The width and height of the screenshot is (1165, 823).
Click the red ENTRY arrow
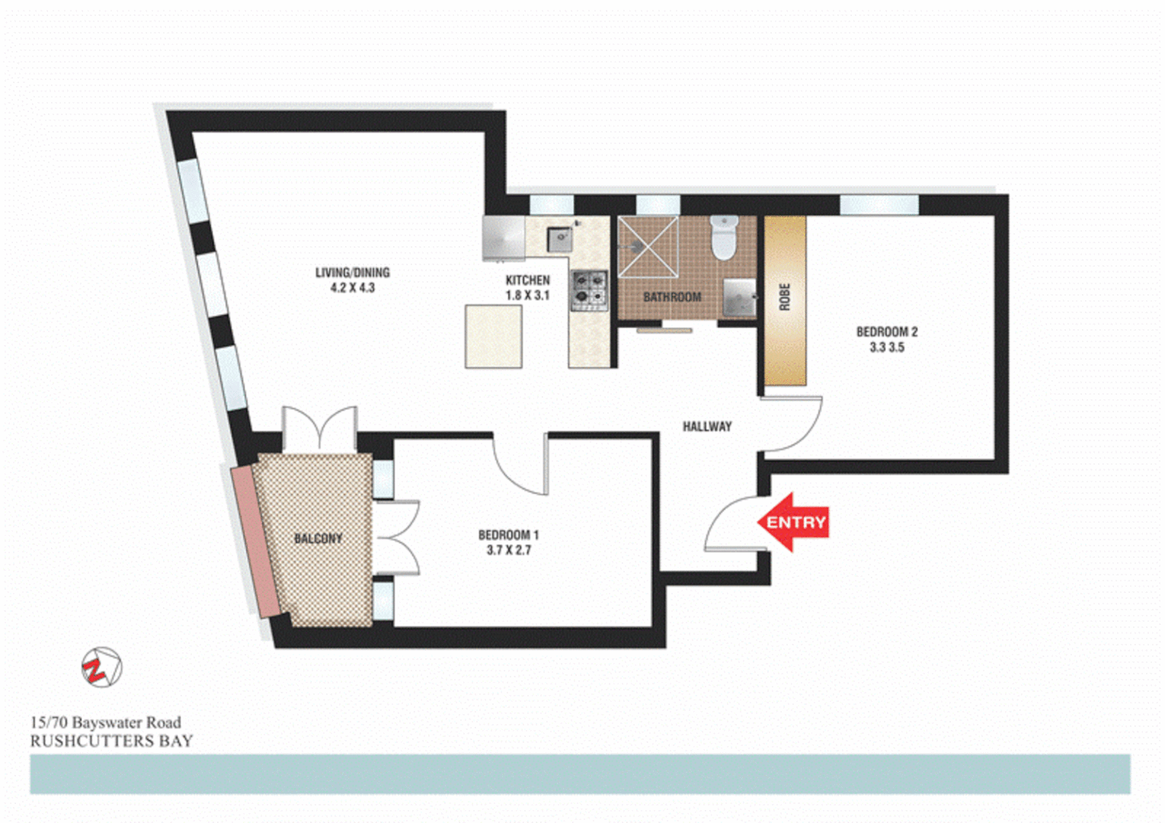point(792,522)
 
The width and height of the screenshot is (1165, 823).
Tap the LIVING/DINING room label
point(352,272)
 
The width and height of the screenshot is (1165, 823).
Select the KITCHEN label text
point(527,280)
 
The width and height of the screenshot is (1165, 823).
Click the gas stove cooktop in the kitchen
point(589,290)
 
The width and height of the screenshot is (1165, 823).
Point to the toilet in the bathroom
point(723,238)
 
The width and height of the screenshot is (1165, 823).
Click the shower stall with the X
point(648,247)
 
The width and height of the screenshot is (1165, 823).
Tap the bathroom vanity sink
point(738,297)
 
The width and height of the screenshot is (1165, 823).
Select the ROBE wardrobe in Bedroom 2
point(785,300)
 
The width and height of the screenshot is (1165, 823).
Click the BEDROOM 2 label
point(886,332)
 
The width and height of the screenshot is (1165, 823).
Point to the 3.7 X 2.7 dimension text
point(508,550)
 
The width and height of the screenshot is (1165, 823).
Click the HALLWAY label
point(706,427)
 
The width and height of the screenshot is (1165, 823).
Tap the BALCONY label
point(318,539)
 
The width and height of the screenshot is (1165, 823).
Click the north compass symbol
point(101,668)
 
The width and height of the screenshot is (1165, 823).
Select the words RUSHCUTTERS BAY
point(111,741)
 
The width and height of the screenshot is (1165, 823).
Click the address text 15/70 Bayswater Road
point(105,722)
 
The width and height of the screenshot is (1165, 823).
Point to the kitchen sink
point(560,239)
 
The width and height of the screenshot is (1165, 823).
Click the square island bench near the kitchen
point(494,336)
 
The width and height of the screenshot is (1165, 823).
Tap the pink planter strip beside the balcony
point(256,540)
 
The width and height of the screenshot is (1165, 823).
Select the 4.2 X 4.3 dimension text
point(352,288)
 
